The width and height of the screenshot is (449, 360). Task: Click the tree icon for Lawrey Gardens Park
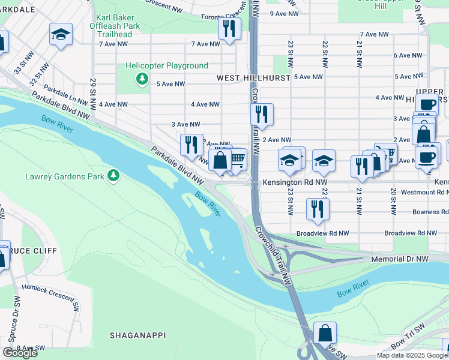pyautogui.click(x=113, y=176)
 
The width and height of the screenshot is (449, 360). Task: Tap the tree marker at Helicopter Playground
pyautogui.click(x=142, y=78)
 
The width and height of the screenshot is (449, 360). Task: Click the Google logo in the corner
pyautogui.click(x=20, y=353)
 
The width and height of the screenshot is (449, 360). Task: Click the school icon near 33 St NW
pyautogui.click(x=61, y=34)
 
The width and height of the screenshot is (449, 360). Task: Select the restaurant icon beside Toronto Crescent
pyautogui.click(x=229, y=28)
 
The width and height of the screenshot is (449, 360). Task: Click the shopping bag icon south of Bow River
pyautogui.click(x=325, y=332)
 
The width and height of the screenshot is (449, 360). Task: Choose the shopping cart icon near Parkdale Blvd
pyautogui.click(x=238, y=160)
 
